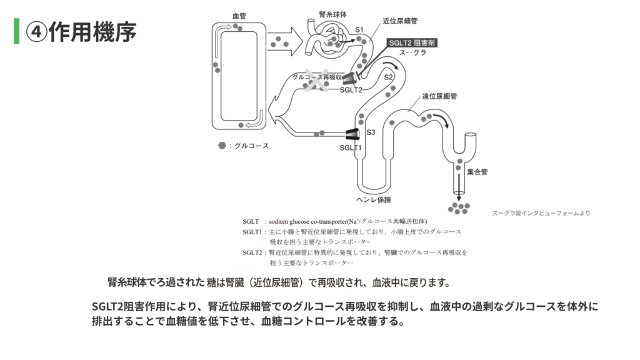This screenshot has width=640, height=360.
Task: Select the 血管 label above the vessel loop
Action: pyautogui.click(x=239, y=15)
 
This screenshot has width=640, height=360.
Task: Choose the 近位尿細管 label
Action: pyautogui.click(x=400, y=21)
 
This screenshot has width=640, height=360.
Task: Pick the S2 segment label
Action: pyautogui.click(x=388, y=77)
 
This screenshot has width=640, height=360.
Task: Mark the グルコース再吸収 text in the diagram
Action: pyautogui.click(x=317, y=77)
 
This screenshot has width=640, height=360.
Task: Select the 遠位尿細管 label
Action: pyautogui.click(x=439, y=96)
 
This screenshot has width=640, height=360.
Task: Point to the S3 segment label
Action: pyautogui.click(x=371, y=132)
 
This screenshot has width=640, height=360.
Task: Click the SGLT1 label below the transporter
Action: pyautogui.click(x=351, y=147)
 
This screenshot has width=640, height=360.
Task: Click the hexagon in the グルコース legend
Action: pyautogui.click(x=222, y=146)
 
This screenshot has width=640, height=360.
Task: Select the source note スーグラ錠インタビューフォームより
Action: pyautogui.click(x=541, y=212)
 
